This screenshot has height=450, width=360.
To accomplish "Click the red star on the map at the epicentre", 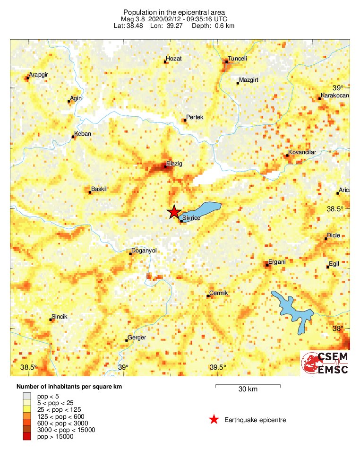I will point(174,212).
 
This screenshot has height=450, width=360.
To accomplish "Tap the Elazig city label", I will point(174,164).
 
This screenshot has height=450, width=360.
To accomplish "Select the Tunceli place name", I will point(237,59).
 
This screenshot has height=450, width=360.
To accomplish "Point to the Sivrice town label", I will point(191,218).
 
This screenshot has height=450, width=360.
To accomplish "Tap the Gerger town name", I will point(137,337).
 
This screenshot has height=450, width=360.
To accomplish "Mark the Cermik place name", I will point(219,293).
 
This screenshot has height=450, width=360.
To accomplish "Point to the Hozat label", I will point(174,59).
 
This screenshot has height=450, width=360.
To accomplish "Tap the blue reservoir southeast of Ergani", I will point(293,310).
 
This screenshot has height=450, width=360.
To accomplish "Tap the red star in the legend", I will point(214,420).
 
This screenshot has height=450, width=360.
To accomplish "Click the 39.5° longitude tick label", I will point(218,368).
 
